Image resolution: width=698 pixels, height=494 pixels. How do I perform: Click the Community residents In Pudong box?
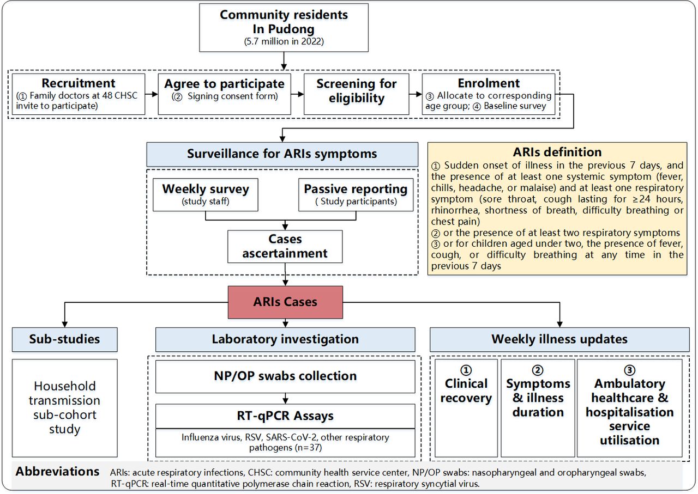tap(284, 28)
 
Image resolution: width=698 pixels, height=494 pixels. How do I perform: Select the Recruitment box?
tap(79, 94)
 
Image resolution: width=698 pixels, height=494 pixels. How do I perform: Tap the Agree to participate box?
tap(224, 94)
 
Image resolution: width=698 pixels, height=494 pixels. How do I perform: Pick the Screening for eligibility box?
tap(357, 94)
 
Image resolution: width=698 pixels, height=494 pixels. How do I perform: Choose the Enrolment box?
tap(488, 94)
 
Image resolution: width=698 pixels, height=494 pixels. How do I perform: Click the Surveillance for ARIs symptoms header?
tap(282, 154)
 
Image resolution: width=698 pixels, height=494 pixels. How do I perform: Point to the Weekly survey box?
tap(206, 195)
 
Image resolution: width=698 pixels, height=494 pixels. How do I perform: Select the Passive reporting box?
tap(356, 195)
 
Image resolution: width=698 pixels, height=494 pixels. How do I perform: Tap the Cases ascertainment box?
tap(285, 247)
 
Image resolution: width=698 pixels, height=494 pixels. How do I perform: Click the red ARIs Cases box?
tap(285, 302)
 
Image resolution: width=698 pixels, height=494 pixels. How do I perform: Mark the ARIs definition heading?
tap(557, 152)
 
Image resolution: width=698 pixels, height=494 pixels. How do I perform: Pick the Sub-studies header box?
tap(65, 340)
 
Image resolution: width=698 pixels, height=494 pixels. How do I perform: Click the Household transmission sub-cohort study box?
tap(65, 408)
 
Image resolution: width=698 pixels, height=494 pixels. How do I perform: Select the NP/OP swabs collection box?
tap(285, 377)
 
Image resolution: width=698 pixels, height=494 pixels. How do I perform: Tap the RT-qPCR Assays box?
tap(285, 416)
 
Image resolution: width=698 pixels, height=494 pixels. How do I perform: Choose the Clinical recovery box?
tap(466, 408)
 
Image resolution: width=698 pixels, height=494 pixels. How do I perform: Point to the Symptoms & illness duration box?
tap(538, 408)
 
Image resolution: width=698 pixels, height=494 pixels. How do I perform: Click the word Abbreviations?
tap(58, 472)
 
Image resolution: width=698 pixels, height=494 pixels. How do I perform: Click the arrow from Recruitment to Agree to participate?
tap(152, 94)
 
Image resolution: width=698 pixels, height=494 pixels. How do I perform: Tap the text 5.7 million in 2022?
tap(284, 41)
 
